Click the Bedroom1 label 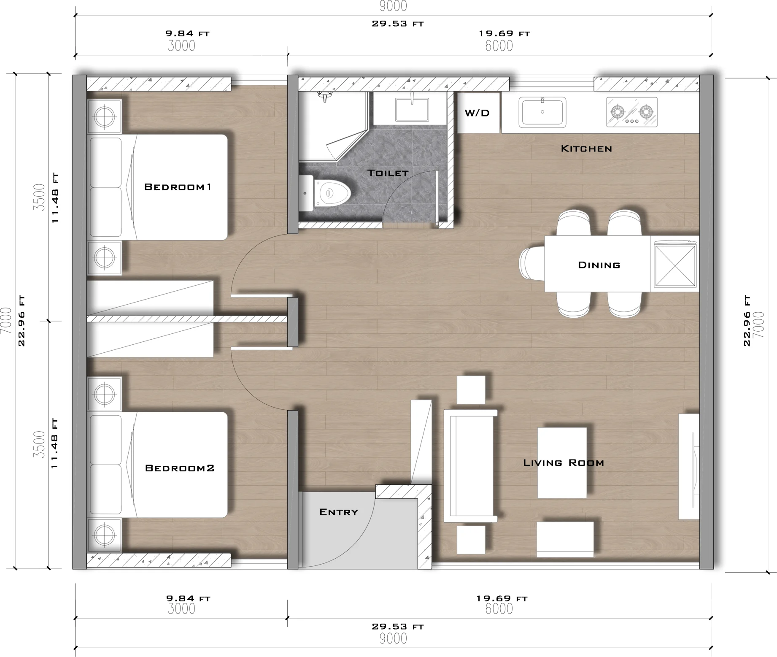pos(178,187)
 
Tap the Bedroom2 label pos(180,468)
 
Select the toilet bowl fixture pos(329,194)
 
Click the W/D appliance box pos(478,113)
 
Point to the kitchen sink pos(542,112)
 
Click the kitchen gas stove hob pos(631,112)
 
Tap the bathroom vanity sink pos(412,109)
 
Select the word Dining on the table pos(599,265)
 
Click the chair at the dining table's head pos(531,263)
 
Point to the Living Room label pos(563,463)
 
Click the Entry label pos(339,512)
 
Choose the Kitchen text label pos(586,149)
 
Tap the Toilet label pos(387,173)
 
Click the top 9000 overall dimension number pos(393,6)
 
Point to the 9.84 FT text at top pos(187,33)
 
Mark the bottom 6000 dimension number pos(499,608)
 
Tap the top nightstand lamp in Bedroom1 pos(104,116)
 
